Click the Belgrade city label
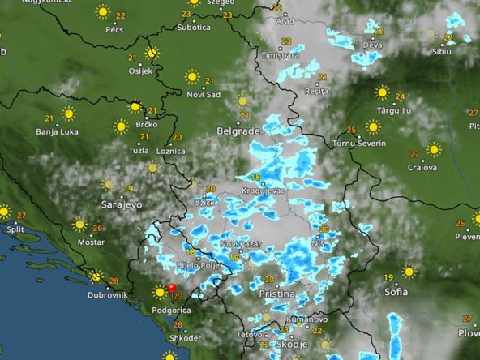238,130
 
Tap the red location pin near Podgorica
171,288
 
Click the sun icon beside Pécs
103,12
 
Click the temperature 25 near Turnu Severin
351,130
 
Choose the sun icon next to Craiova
434,150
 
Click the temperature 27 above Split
21,215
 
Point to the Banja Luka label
56,131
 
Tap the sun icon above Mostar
79,225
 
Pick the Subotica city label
194,27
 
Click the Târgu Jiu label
396,109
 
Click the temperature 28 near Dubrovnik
114,281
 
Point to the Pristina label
275,294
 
